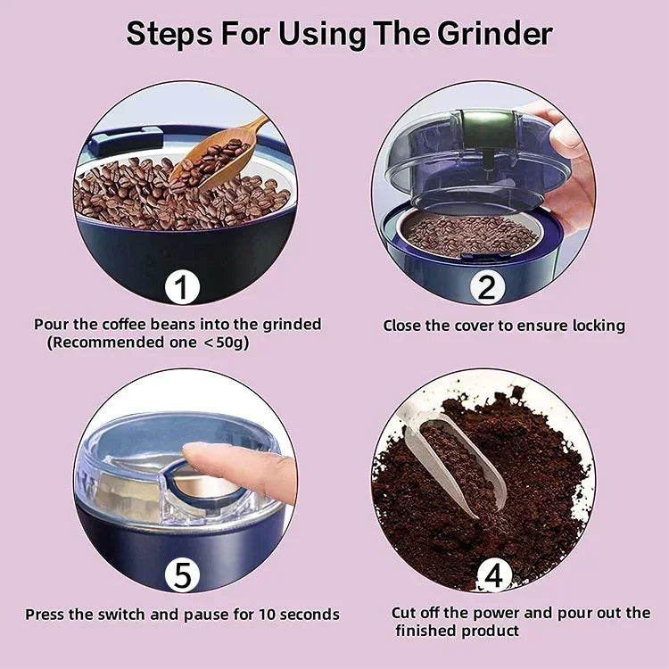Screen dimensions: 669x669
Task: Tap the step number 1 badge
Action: [x=182, y=288]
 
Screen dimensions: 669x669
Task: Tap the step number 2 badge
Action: [x=486, y=288]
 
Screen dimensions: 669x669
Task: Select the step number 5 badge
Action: [x=182, y=575]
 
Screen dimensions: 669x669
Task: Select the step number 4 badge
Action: [x=493, y=575]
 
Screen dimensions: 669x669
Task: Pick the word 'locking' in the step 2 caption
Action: [x=597, y=326]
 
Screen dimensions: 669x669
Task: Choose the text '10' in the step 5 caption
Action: [x=268, y=614]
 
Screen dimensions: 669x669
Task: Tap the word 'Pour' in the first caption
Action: [x=50, y=325]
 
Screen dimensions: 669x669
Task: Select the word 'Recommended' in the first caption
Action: [x=99, y=342]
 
